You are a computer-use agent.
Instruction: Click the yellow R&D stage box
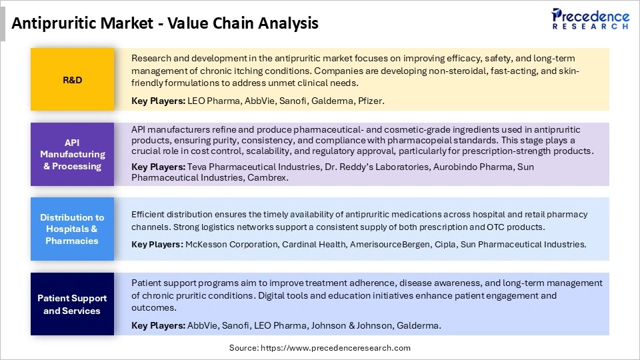pos(73,79)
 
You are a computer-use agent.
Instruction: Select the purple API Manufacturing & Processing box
pos(73,154)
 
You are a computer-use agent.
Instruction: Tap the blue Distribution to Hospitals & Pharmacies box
pos(73,229)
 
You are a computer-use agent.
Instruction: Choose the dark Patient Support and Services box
pos(73,304)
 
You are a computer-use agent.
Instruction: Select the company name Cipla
pos(443,245)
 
